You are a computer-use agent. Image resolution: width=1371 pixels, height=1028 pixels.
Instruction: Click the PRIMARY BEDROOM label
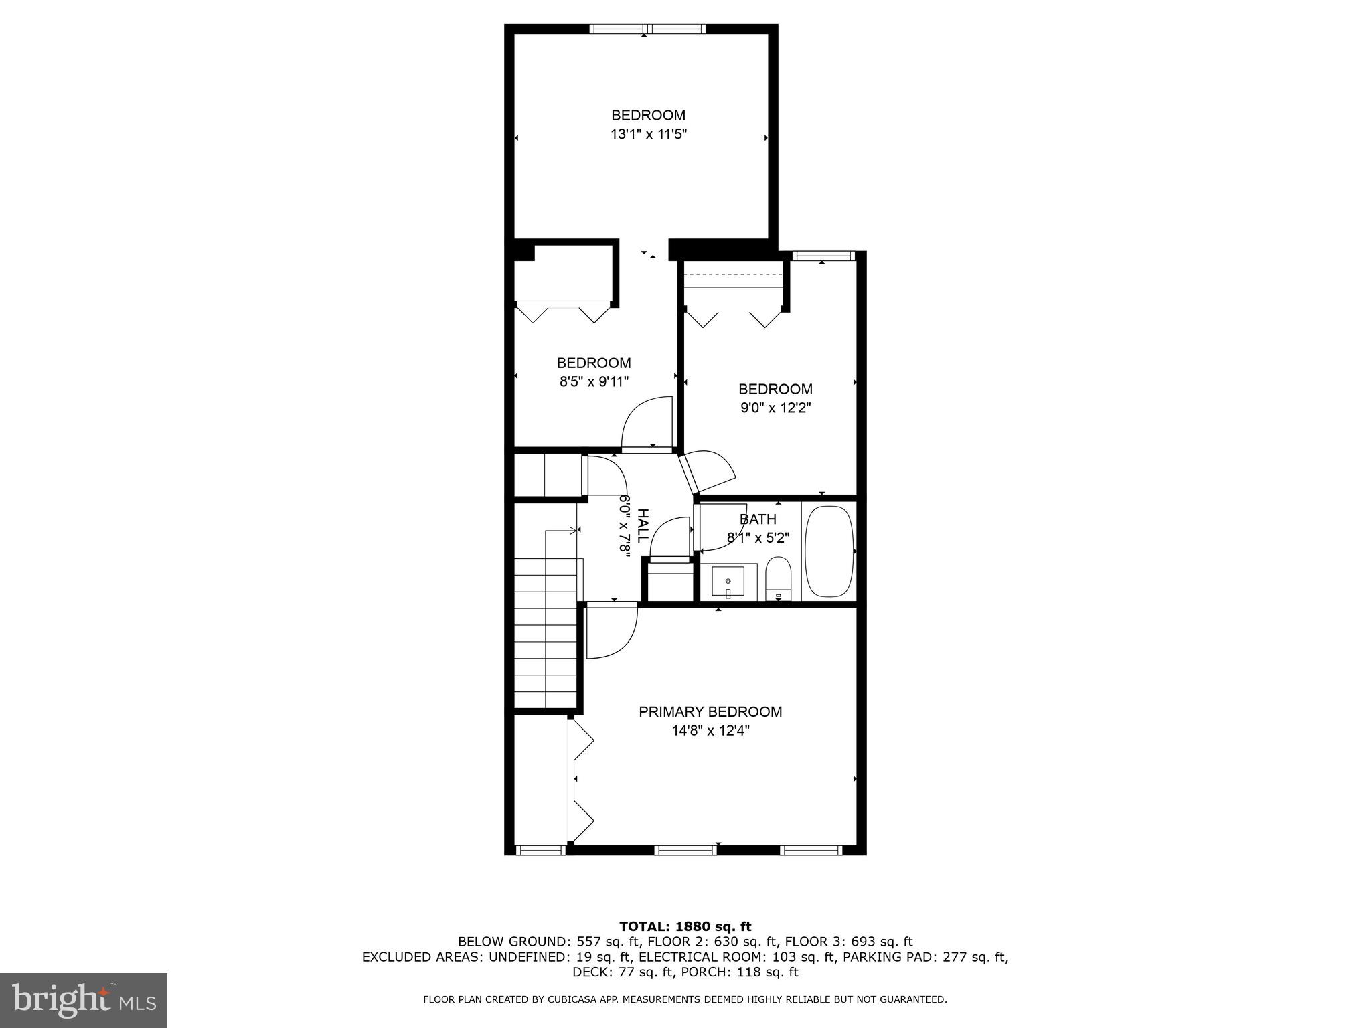click(x=710, y=711)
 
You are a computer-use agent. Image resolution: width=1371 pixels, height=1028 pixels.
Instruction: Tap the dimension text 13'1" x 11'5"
click(x=648, y=134)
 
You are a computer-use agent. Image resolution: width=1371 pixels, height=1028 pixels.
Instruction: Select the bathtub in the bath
click(x=829, y=552)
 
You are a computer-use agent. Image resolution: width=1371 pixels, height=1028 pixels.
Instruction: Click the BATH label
click(x=758, y=519)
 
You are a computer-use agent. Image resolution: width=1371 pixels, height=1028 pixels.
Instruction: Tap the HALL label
click(x=641, y=526)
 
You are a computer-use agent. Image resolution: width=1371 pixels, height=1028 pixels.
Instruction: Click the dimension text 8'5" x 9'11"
click(x=594, y=382)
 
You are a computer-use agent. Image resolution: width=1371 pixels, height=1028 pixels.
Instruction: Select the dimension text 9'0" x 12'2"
click(x=775, y=408)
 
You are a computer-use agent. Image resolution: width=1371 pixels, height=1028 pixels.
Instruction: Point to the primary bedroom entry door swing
click(x=611, y=632)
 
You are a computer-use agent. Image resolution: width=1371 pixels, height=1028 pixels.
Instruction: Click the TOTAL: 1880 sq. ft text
click(x=685, y=926)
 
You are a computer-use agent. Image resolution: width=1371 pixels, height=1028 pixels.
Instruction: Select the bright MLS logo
click(x=84, y=1000)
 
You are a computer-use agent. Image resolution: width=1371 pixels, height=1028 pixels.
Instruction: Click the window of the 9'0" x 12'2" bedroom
click(x=823, y=256)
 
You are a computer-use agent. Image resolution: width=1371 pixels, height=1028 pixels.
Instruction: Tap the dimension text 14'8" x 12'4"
click(x=710, y=731)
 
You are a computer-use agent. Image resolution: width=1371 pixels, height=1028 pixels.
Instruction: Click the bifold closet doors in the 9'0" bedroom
click(x=733, y=317)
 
